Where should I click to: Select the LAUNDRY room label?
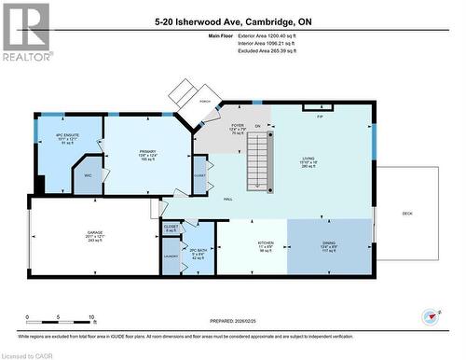171,255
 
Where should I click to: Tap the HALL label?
227,199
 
